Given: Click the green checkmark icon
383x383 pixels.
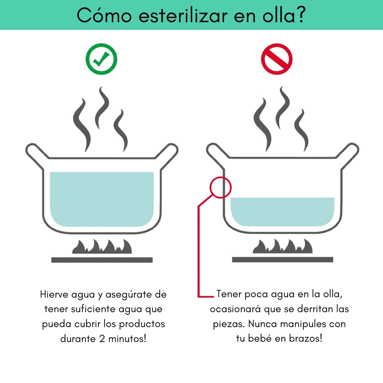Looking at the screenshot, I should tap(101, 59).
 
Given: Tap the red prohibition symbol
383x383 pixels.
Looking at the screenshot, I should tap(277, 59).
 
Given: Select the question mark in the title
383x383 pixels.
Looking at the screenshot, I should tap(300, 15).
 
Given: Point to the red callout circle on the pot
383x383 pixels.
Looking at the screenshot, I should tap(220, 187).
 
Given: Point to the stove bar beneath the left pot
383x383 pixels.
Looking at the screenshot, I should tap(102, 260).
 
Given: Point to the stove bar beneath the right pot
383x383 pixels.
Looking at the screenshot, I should tap(283, 260).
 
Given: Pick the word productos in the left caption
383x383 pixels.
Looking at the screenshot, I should tap(142, 324).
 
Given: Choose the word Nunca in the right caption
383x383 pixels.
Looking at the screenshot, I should tap(262, 324).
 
